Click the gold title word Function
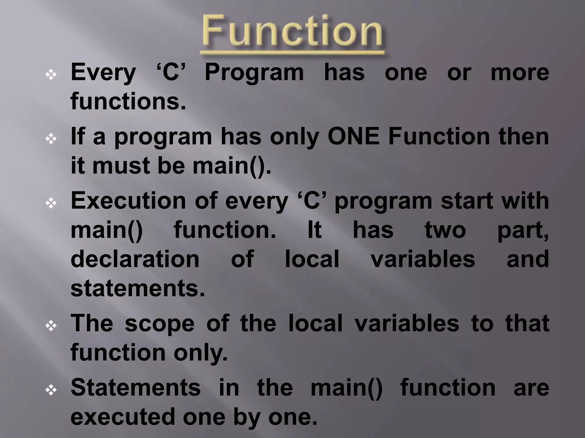coord(292,32)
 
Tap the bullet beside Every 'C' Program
coord(51,75)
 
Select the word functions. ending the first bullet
coord(128,102)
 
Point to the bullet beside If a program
coord(51,139)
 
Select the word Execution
coord(128,201)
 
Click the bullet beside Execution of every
coord(51,204)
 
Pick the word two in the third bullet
coord(445,230)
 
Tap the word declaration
coord(135,259)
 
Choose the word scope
coord(159,324)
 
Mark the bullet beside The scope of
coord(51,326)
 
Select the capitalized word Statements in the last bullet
coord(136,388)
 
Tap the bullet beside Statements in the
coord(51,390)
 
